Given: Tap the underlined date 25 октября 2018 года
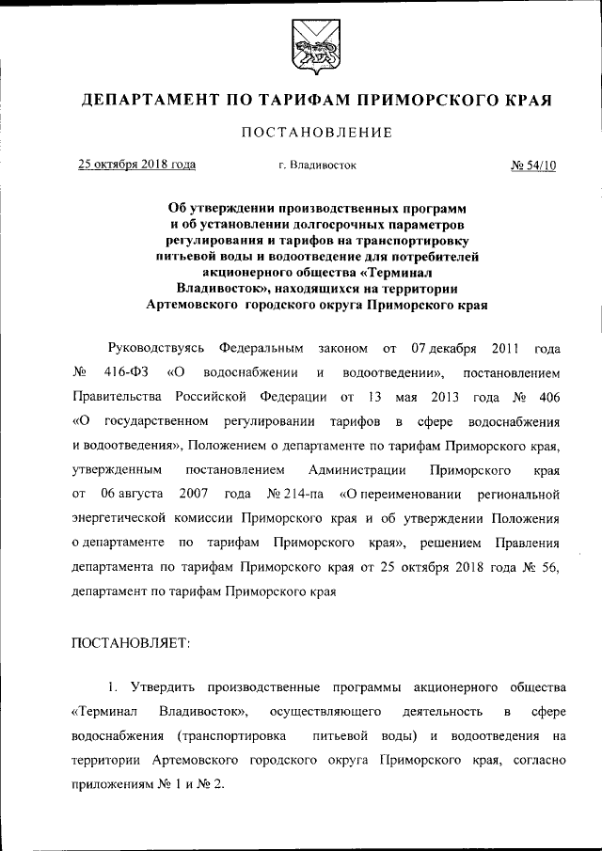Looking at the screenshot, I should [x=136, y=165].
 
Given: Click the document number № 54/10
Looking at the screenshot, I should [x=533, y=165].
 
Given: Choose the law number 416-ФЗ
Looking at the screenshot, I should [x=127, y=371].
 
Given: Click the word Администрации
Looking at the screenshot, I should [x=357, y=468].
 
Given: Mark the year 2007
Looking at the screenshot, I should [x=191, y=493].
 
